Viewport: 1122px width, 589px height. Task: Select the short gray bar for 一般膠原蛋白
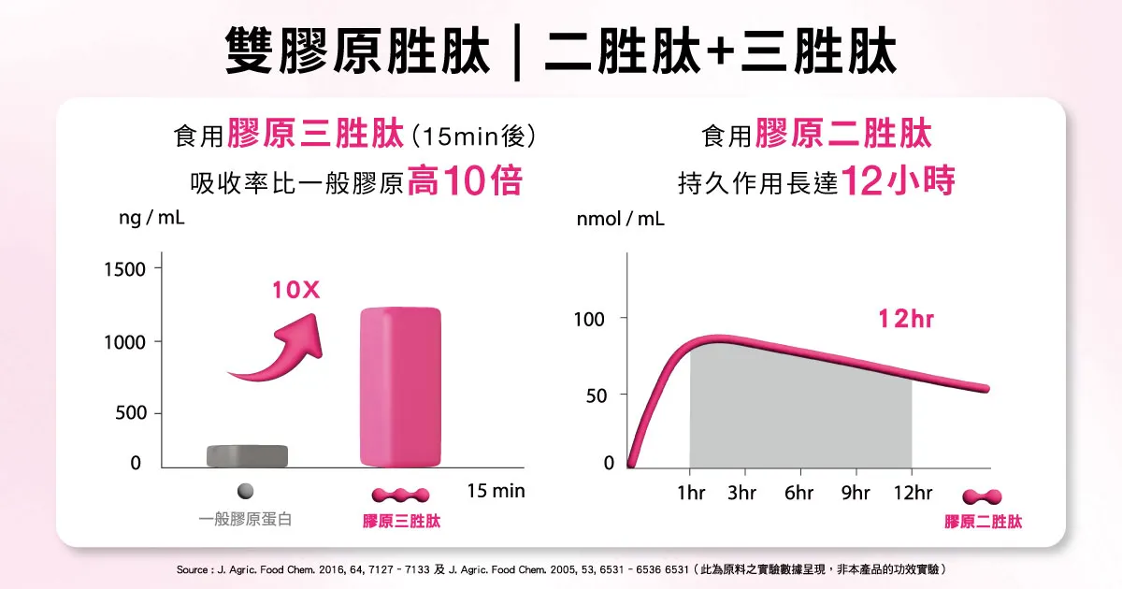pyautogui.click(x=247, y=455)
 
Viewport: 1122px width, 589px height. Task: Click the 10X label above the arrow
pyautogui.click(x=296, y=291)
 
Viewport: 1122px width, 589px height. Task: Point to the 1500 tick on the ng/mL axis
pyautogui.click(x=124, y=269)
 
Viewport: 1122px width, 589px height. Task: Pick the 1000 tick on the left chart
pyautogui.click(x=124, y=342)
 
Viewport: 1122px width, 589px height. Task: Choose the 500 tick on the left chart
pyautogui.click(x=130, y=413)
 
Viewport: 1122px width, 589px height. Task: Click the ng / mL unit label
pyautogui.click(x=151, y=218)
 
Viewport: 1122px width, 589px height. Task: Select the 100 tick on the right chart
pyautogui.click(x=589, y=320)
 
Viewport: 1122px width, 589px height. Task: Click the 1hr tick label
pyautogui.click(x=691, y=493)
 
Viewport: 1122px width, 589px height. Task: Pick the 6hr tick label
pyautogui.click(x=799, y=493)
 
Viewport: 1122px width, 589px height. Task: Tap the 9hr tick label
pyautogui.click(x=856, y=493)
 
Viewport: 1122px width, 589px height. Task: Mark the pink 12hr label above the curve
pyautogui.click(x=906, y=320)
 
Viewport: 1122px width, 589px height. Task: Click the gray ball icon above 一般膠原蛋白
pyautogui.click(x=245, y=491)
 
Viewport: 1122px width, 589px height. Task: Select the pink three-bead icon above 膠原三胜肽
pyautogui.click(x=401, y=494)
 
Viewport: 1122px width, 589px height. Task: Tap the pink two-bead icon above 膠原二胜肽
pyautogui.click(x=983, y=496)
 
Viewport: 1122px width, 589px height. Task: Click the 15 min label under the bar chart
pyautogui.click(x=496, y=490)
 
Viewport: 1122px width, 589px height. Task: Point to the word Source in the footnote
pyautogui.click(x=193, y=568)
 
